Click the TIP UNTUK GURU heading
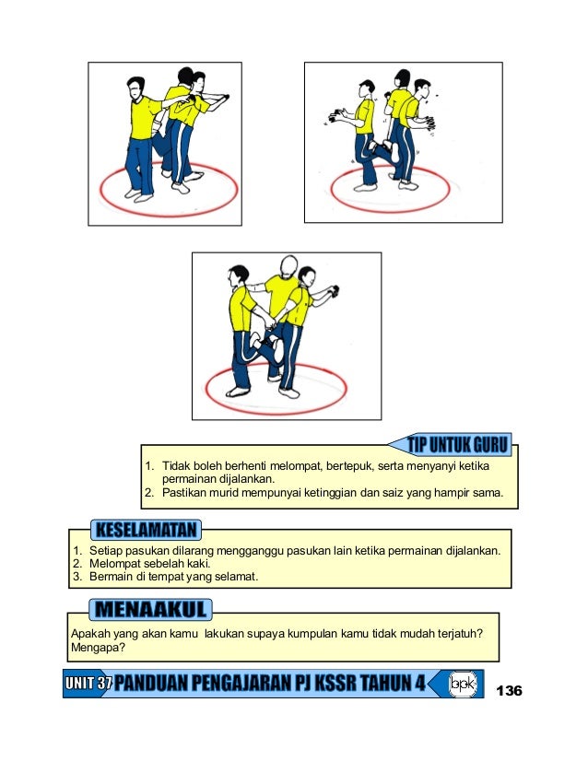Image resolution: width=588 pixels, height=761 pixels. click(457, 445)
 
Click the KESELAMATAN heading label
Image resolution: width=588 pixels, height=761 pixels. click(147, 530)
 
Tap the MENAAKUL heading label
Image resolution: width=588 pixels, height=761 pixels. click(150, 610)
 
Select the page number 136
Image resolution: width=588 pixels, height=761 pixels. click(509, 690)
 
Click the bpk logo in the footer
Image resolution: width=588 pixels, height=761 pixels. click(463, 684)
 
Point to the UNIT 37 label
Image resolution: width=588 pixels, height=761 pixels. click(88, 684)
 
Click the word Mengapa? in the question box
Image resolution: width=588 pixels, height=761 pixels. click(98, 648)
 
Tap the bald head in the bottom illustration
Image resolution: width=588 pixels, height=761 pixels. click(288, 266)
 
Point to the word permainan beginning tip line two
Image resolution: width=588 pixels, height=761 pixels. click(187, 479)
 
